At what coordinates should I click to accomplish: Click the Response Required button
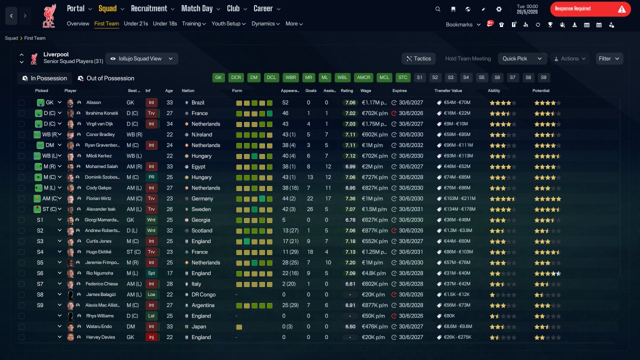tap(590, 9)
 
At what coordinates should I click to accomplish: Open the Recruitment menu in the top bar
tap(152, 8)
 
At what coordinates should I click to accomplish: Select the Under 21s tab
tap(135, 23)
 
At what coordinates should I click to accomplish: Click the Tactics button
tap(418, 58)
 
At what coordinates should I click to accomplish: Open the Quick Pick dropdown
tap(522, 58)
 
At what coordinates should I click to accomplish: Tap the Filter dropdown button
tap(609, 58)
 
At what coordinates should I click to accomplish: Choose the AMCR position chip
tap(363, 77)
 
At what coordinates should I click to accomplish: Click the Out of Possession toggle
tap(106, 78)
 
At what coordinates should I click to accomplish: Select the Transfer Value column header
tap(448, 90)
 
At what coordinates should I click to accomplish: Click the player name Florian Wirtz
tap(98, 198)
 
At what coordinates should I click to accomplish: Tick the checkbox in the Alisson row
tap(21, 102)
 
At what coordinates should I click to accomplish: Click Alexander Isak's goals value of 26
tap(309, 209)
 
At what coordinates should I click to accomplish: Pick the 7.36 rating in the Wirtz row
tap(350, 198)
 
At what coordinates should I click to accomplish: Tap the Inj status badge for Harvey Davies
tap(151, 337)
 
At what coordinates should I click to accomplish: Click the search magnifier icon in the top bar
tap(437, 9)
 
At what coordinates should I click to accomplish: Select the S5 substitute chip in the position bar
tap(481, 77)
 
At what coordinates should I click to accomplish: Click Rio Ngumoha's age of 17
tap(169, 273)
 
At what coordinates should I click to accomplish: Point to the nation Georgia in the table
tap(201, 220)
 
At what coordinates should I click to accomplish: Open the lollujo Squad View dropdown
tap(142, 58)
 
